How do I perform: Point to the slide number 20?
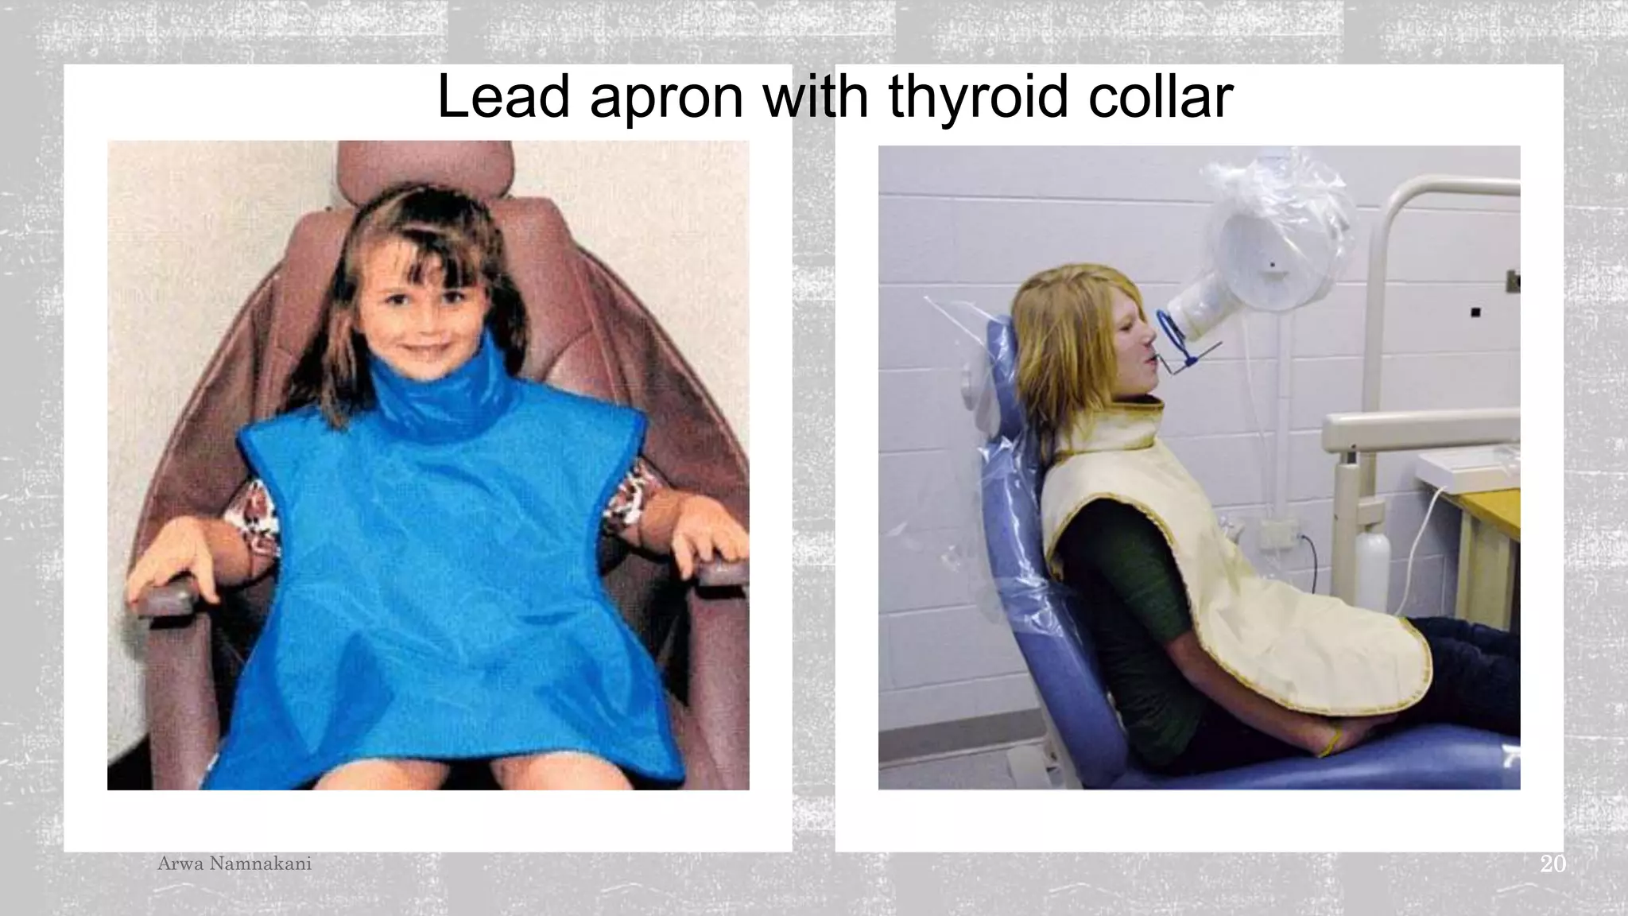[1552, 864]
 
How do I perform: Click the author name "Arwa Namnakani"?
[235, 864]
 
